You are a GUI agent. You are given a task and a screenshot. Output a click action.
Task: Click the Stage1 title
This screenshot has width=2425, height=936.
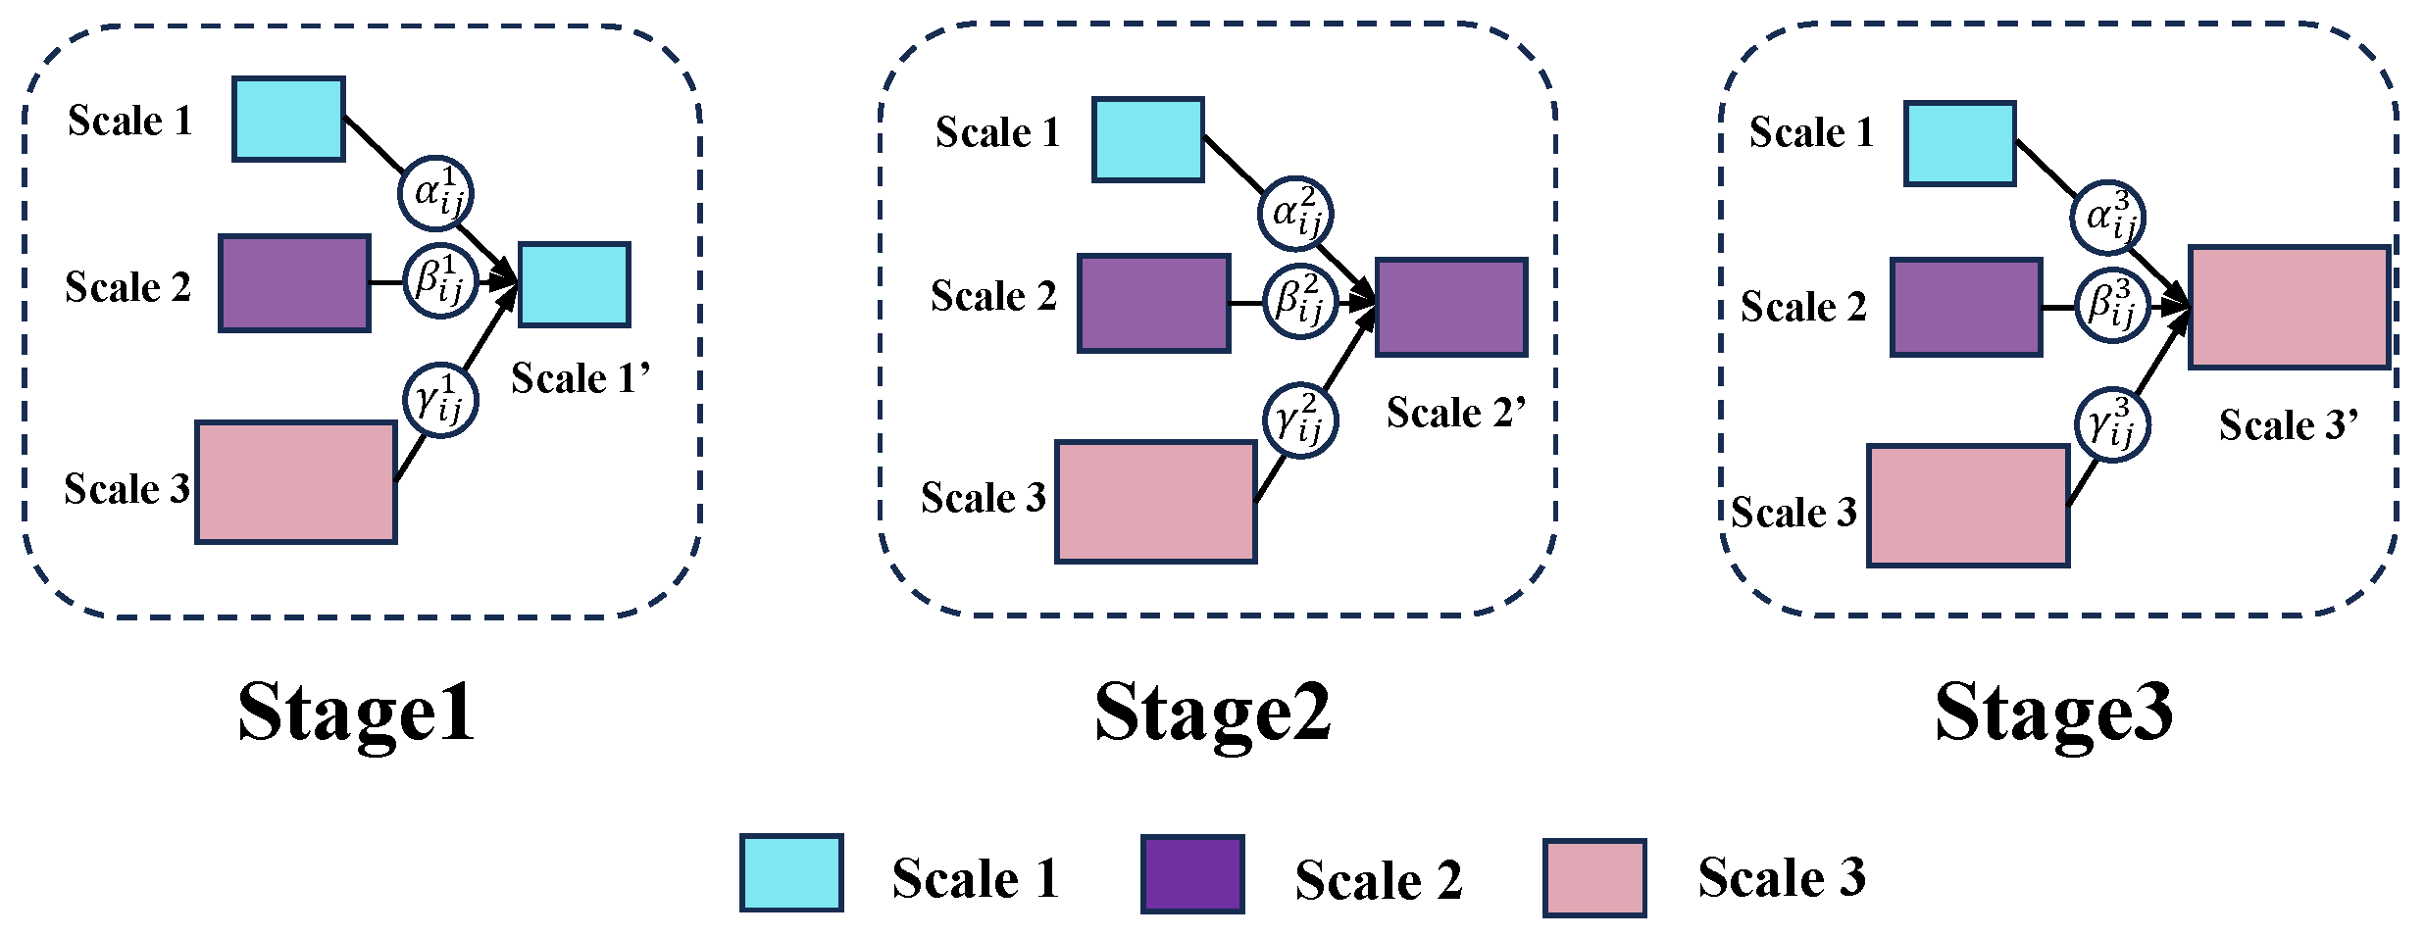[356, 714]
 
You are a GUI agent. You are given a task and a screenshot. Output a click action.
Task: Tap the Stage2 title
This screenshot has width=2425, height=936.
[1213, 714]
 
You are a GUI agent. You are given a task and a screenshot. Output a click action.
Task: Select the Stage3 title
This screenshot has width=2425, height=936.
[2053, 714]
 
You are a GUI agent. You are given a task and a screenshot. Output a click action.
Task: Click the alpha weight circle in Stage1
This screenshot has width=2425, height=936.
[435, 193]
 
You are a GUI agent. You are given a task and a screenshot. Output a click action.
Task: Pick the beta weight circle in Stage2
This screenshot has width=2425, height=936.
[1300, 301]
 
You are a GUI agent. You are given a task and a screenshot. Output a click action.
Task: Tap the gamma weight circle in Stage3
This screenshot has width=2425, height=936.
[2112, 425]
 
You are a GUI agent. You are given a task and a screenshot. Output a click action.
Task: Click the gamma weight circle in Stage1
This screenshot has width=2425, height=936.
[440, 400]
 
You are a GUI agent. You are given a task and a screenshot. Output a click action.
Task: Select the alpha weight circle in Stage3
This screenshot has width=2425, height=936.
[2107, 218]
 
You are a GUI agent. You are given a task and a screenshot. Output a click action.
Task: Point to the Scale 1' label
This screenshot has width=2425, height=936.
[581, 378]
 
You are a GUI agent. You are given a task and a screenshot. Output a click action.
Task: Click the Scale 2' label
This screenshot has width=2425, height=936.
[1456, 413]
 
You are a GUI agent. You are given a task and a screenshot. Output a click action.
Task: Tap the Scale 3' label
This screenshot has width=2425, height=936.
[2288, 425]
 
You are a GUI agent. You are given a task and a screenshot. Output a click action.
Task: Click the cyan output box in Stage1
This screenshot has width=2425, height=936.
[574, 284]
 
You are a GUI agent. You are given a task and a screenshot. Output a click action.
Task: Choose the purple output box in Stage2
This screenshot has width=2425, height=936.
[1451, 307]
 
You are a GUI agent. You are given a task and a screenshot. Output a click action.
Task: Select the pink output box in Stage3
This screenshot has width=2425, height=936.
[2289, 307]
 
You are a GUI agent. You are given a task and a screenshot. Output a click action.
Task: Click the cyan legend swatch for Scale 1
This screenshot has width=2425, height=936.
[791, 873]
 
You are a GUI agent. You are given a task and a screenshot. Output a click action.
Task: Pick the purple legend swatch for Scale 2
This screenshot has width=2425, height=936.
[1192, 874]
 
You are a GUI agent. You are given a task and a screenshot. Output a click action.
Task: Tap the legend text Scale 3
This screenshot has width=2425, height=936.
[1781, 877]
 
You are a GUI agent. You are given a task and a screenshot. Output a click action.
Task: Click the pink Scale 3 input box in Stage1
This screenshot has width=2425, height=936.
[296, 482]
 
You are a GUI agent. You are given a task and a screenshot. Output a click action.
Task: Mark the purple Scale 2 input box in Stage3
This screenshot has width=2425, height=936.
[1966, 307]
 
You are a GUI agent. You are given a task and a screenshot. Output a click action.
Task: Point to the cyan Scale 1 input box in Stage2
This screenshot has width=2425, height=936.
[1148, 139]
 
